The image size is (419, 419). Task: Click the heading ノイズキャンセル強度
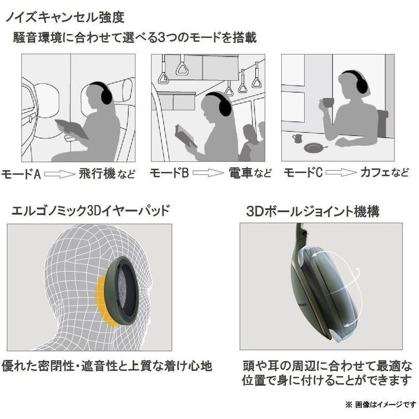(x=64, y=17)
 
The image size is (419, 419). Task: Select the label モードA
(x=21, y=173)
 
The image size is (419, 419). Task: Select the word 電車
(x=241, y=173)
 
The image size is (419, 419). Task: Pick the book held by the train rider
(x=186, y=136)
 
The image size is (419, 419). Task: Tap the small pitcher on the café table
(x=297, y=138)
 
